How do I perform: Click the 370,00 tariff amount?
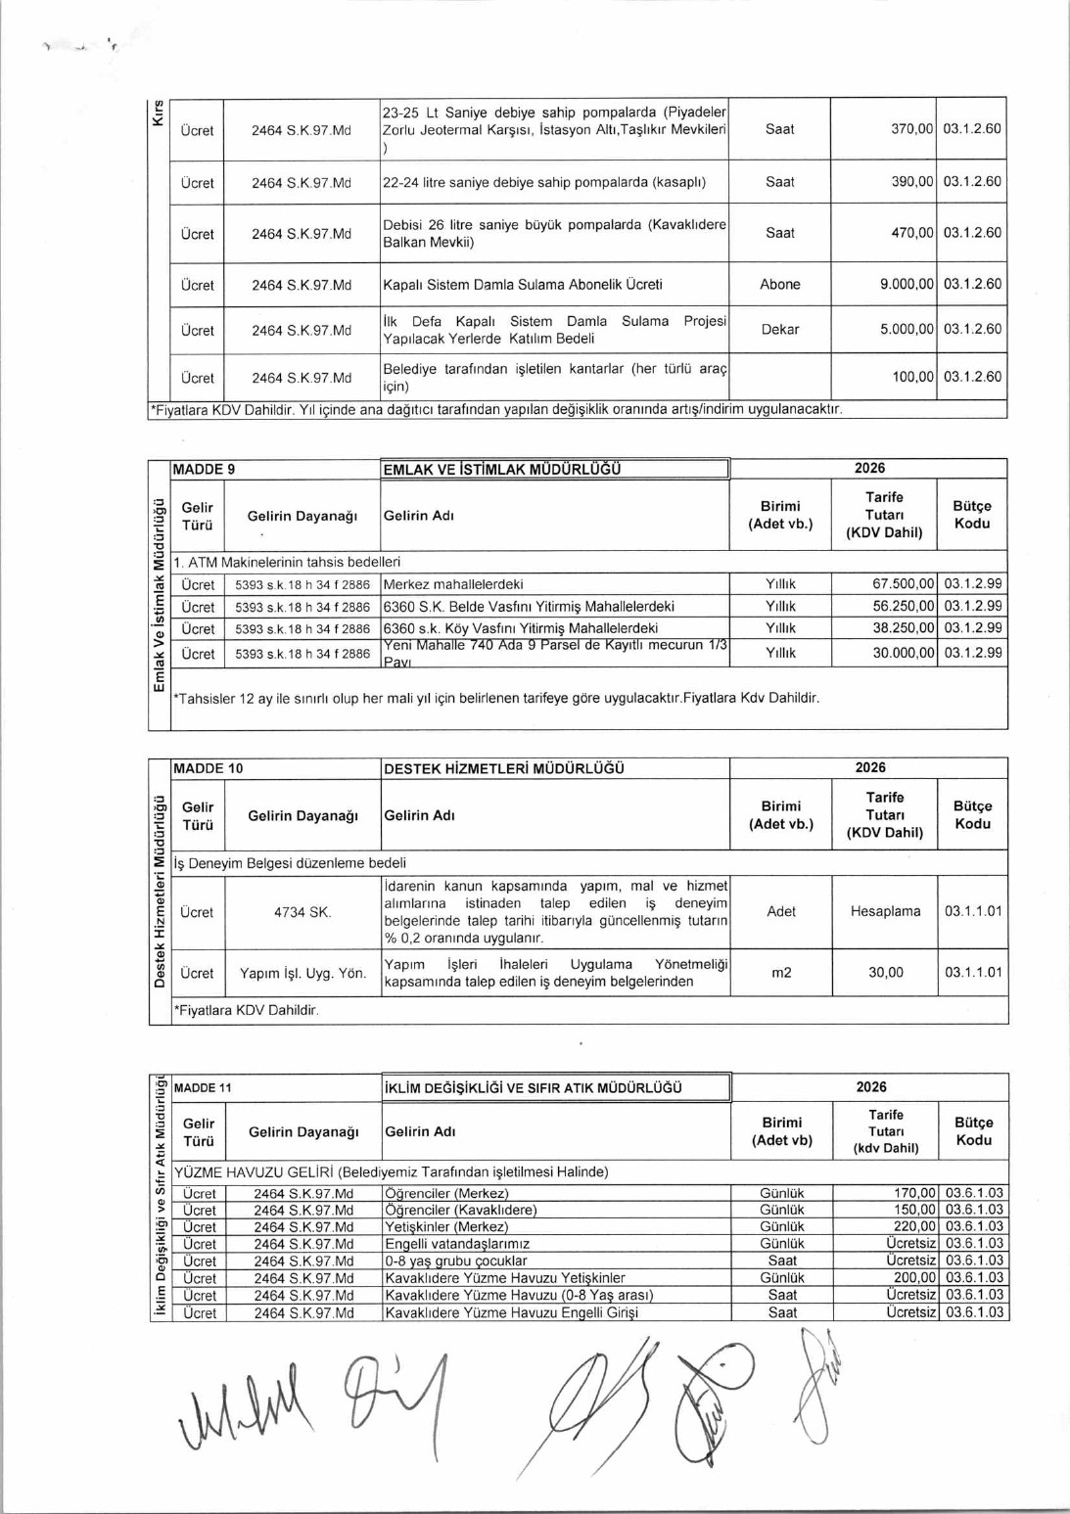(x=911, y=129)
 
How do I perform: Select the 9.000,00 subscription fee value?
(x=907, y=285)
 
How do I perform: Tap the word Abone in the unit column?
(x=779, y=285)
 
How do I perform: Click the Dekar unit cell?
(x=779, y=330)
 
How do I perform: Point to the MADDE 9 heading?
(x=204, y=470)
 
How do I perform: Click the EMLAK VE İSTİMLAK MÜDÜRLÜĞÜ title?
(x=501, y=470)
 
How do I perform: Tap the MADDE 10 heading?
(x=208, y=769)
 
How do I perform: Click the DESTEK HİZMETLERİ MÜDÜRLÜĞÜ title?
(x=503, y=769)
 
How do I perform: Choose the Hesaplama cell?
(x=885, y=912)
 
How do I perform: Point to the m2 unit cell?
(x=781, y=973)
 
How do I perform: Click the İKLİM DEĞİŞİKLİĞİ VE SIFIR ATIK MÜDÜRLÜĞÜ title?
(x=533, y=1088)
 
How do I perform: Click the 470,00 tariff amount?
(x=911, y=234)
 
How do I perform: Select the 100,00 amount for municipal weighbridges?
(x=912, y=377)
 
